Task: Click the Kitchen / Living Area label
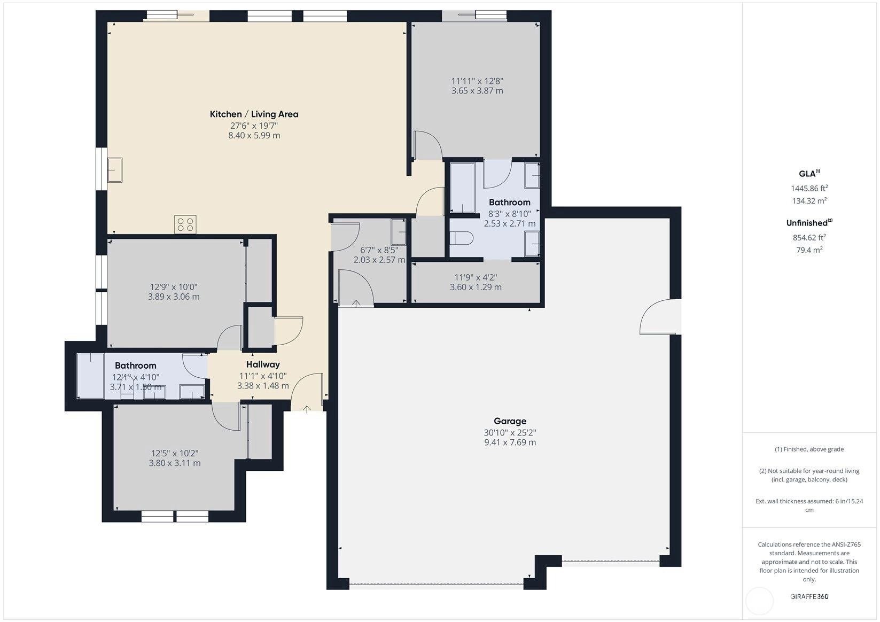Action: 254,114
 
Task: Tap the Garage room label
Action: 510,421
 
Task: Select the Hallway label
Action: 263,364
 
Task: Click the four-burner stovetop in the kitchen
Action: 185,224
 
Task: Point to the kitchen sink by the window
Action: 115,170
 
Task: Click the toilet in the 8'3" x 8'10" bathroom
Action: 462,238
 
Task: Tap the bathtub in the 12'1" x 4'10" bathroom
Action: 91,376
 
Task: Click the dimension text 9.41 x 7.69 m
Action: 510,442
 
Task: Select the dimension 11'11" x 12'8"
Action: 477,81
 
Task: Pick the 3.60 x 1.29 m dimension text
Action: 476,287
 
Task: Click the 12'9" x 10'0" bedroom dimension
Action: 174,287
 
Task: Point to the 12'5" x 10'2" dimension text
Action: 174,454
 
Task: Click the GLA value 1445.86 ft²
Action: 809,188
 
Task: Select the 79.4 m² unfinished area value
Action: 809,250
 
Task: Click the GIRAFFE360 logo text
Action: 809,596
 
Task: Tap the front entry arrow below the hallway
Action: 307,409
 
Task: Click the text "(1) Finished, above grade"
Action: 809,449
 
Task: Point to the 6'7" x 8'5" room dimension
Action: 379,250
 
